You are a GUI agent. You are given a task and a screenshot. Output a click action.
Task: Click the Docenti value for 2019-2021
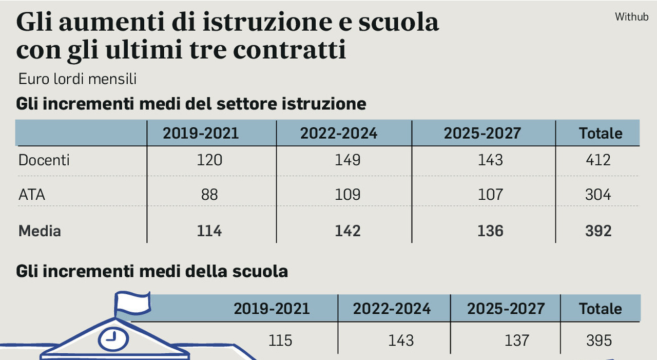209,160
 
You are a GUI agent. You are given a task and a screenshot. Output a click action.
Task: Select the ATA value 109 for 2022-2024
347,195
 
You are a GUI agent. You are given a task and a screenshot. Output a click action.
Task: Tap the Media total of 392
598,231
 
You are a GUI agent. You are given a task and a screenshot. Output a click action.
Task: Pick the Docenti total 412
598,160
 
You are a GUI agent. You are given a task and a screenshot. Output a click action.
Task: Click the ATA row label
32,195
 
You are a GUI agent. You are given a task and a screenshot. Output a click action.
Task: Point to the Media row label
40,231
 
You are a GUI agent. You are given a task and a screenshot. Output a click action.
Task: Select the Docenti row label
44,160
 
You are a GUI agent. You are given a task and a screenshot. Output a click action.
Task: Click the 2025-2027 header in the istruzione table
482,134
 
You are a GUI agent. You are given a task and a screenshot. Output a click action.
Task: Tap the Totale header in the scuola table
600,309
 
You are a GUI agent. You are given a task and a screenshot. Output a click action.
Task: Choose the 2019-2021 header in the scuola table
272,309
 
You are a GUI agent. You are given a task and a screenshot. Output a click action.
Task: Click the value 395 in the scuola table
599,340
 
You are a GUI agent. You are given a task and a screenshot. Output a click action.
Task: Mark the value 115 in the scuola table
280,340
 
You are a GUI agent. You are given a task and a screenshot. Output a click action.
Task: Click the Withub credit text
631,17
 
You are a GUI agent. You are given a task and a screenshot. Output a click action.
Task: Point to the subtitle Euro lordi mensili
77,80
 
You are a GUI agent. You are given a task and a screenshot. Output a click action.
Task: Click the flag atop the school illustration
132,301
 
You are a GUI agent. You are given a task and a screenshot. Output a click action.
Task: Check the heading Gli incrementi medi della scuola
152,271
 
